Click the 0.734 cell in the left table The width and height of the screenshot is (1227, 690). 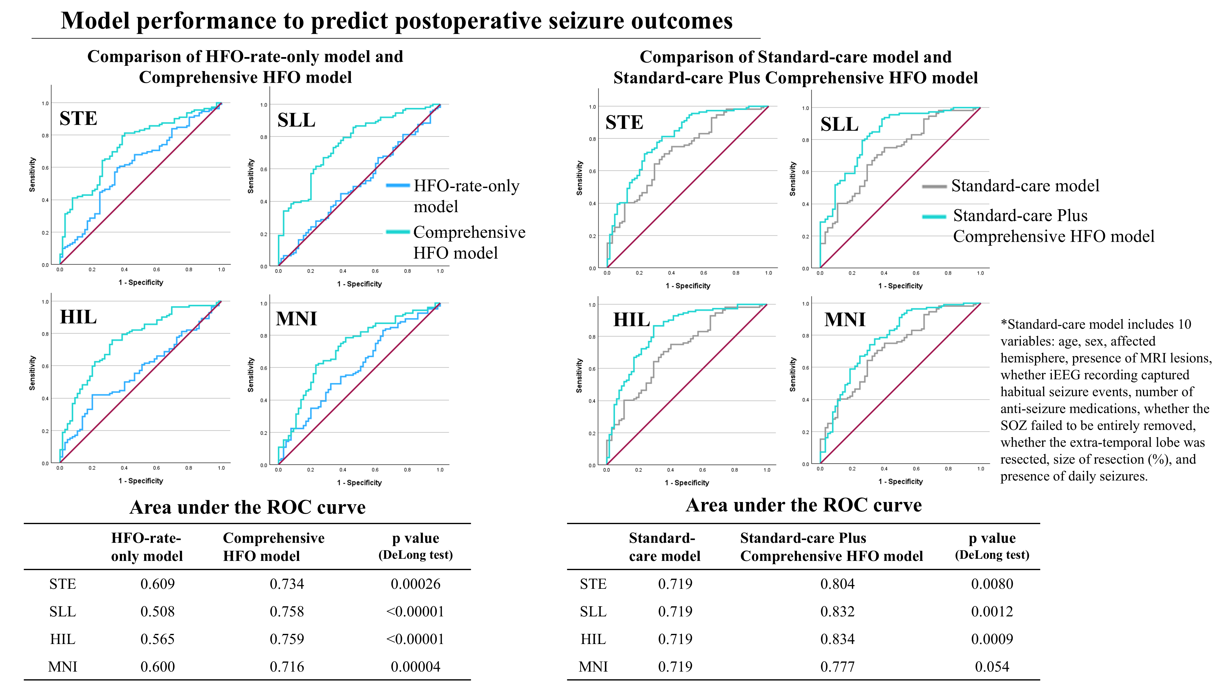pyautogui.click(x=287, y=584)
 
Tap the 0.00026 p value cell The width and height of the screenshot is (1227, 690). pyautogui.click(x=415, y=584)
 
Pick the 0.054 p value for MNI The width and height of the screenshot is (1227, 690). pyautogui.click(x=992, y=667)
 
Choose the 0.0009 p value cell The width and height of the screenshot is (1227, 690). pyautogui.click(x=992, y=639)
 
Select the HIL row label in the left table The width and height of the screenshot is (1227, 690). pyautogui.click(x=62, y=639)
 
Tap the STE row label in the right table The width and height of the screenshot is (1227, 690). pyautogui.click(x=593, y=584)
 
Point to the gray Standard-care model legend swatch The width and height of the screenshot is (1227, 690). pyautogui.click(x=933, y=186)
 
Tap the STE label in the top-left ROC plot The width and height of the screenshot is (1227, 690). pyautogui.click(x=78, y=118)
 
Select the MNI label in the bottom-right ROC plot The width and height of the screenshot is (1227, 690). pyautogui.click(x=844, y=319)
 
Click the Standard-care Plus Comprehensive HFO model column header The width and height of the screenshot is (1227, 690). pyautogui.click(x=831, y=547)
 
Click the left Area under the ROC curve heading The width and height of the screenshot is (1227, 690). pyautogui.click(x=247, y=507)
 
